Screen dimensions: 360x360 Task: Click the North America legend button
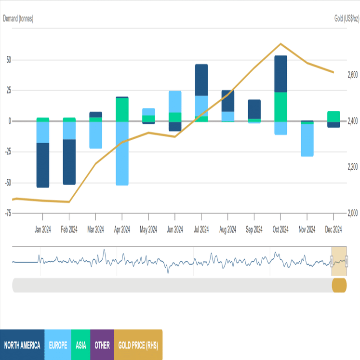tap(22, 345)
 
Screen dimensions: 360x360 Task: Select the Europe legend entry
tap(58, 345)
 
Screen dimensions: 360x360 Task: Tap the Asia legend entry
tap(80, 345)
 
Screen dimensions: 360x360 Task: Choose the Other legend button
tap(102, 345)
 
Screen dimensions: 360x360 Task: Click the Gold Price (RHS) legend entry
tap(138, 345)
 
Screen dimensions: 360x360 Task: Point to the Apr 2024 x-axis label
tap(122, 230)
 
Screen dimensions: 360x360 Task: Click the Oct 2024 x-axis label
tap(280, 230)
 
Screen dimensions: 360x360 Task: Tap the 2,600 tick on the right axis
tap(352, 75)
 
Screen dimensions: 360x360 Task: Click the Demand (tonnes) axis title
tap(18, 19)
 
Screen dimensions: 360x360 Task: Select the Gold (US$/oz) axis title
tap(347, 19)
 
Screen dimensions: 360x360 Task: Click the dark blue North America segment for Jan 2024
tap(43, 165)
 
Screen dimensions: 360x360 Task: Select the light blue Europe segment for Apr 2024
tap(122, 153)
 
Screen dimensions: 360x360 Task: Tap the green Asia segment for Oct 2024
tap(280, 107)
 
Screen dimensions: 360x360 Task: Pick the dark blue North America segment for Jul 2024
tap(201, 80)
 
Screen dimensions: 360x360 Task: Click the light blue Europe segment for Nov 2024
tap(307, 140)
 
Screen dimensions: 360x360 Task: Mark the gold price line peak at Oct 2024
tap(280, 44)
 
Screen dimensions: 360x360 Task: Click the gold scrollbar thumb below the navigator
tap(339, 285)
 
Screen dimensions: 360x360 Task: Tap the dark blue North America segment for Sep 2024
tap(254, 109)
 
